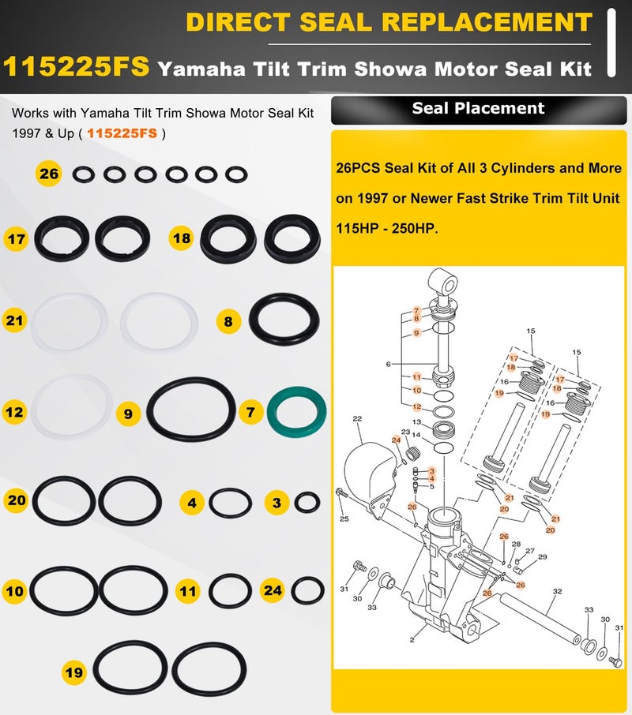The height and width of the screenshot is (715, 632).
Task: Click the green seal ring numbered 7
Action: [x=295, y=411]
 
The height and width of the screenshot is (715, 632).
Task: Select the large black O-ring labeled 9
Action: [x=191, y=411]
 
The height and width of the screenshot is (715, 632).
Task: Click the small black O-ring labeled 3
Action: [x=307, y=501]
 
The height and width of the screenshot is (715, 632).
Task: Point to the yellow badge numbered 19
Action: [x=74, y=672]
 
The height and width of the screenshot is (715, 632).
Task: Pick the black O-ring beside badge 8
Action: [x=284, y=321]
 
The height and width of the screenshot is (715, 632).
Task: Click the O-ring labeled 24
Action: [x=308, y=589]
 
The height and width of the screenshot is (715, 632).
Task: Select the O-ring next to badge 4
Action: [x=231, y=502]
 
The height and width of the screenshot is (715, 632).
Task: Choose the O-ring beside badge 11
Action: [x=231, y=590]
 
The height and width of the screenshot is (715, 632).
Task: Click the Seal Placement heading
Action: [x=478, y=108]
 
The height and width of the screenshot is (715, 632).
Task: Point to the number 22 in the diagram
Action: [x=357, y=419]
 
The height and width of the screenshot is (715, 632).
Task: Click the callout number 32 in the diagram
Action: [x=557, y=591]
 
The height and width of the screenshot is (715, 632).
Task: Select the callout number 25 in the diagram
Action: [x=344, y=518]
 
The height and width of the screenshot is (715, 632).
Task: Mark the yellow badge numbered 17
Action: [x=17, y=237]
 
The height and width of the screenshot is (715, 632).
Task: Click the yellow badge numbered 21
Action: [x=17, y=320]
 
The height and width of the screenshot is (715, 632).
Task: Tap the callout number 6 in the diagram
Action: [x=389, y=364]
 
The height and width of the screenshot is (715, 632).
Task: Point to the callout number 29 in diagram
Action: [x=543, y=557]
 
